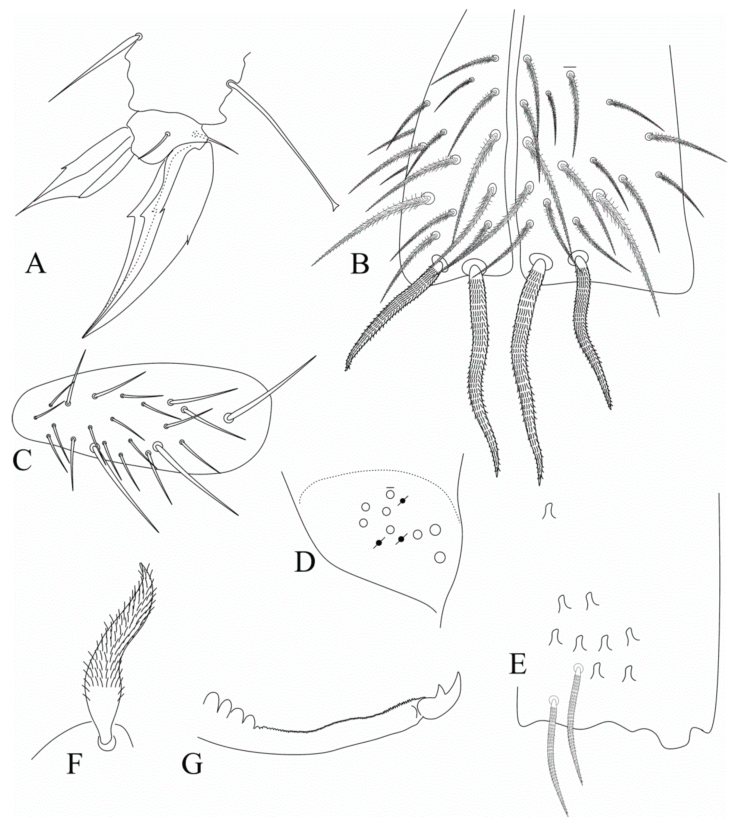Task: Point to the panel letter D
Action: tap(305, 562)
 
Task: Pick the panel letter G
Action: tap(192, 775)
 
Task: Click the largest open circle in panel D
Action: tap(435, 530)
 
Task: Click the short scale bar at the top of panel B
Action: tap(570, 66)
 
